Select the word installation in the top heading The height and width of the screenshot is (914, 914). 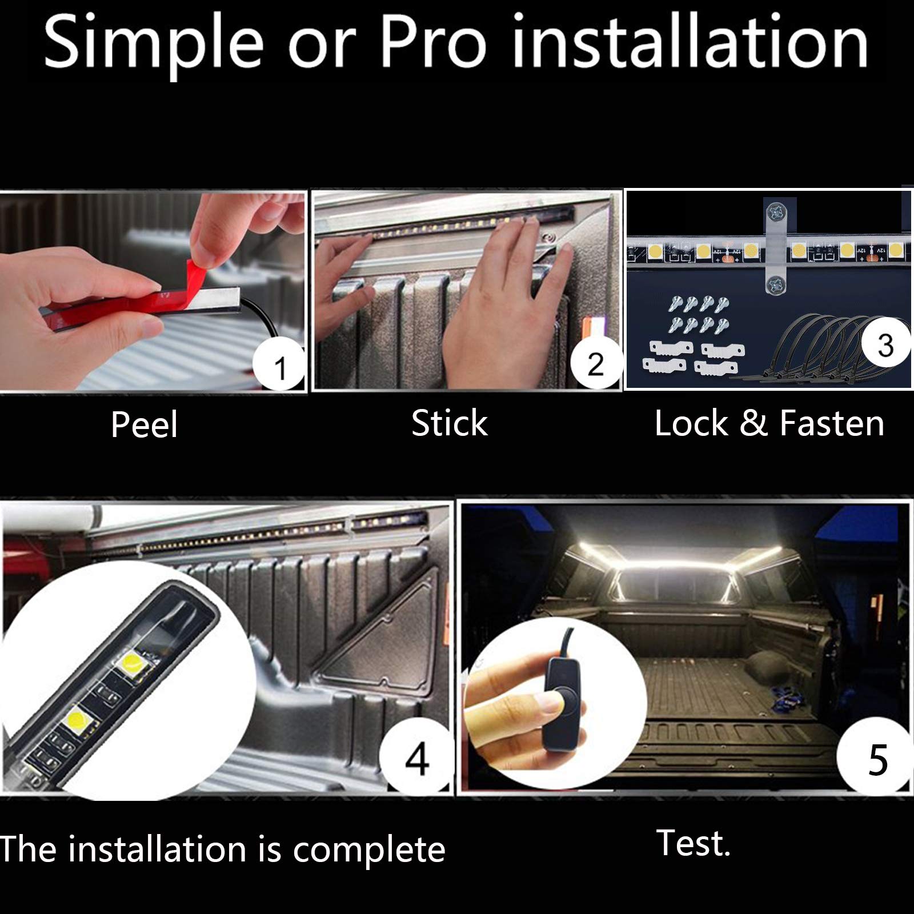(690, 42)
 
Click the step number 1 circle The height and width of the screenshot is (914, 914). (279, 364)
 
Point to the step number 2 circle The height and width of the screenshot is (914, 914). (595, 364)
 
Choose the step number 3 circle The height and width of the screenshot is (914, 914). (885, 344)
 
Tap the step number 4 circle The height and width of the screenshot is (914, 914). (417, 758)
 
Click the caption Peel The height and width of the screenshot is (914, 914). (144, 424)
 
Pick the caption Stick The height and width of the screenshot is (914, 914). (450, 423)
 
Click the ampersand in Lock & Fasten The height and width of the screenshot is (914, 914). (753, 423)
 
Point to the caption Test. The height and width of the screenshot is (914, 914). (693, 843)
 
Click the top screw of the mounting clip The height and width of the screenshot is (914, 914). (775, 213)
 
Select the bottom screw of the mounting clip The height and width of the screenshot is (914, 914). (775, 283)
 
